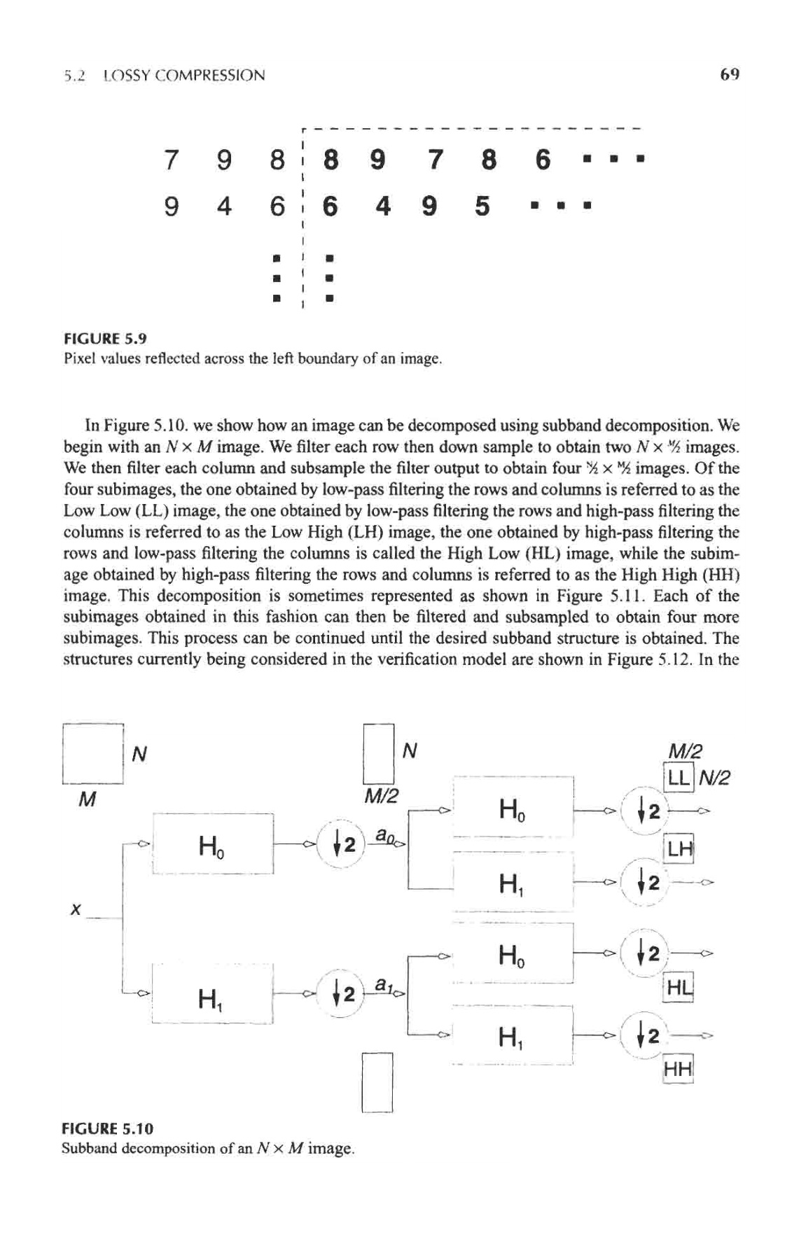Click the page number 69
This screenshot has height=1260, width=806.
click(x=729, y=74)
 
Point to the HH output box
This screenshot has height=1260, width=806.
click(x=678, y=1070)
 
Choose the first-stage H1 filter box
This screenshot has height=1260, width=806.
click(x=212, y=995)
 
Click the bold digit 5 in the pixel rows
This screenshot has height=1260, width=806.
click(x=482, y=206)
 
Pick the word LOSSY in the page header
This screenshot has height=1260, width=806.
click(x=128, y=76)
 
